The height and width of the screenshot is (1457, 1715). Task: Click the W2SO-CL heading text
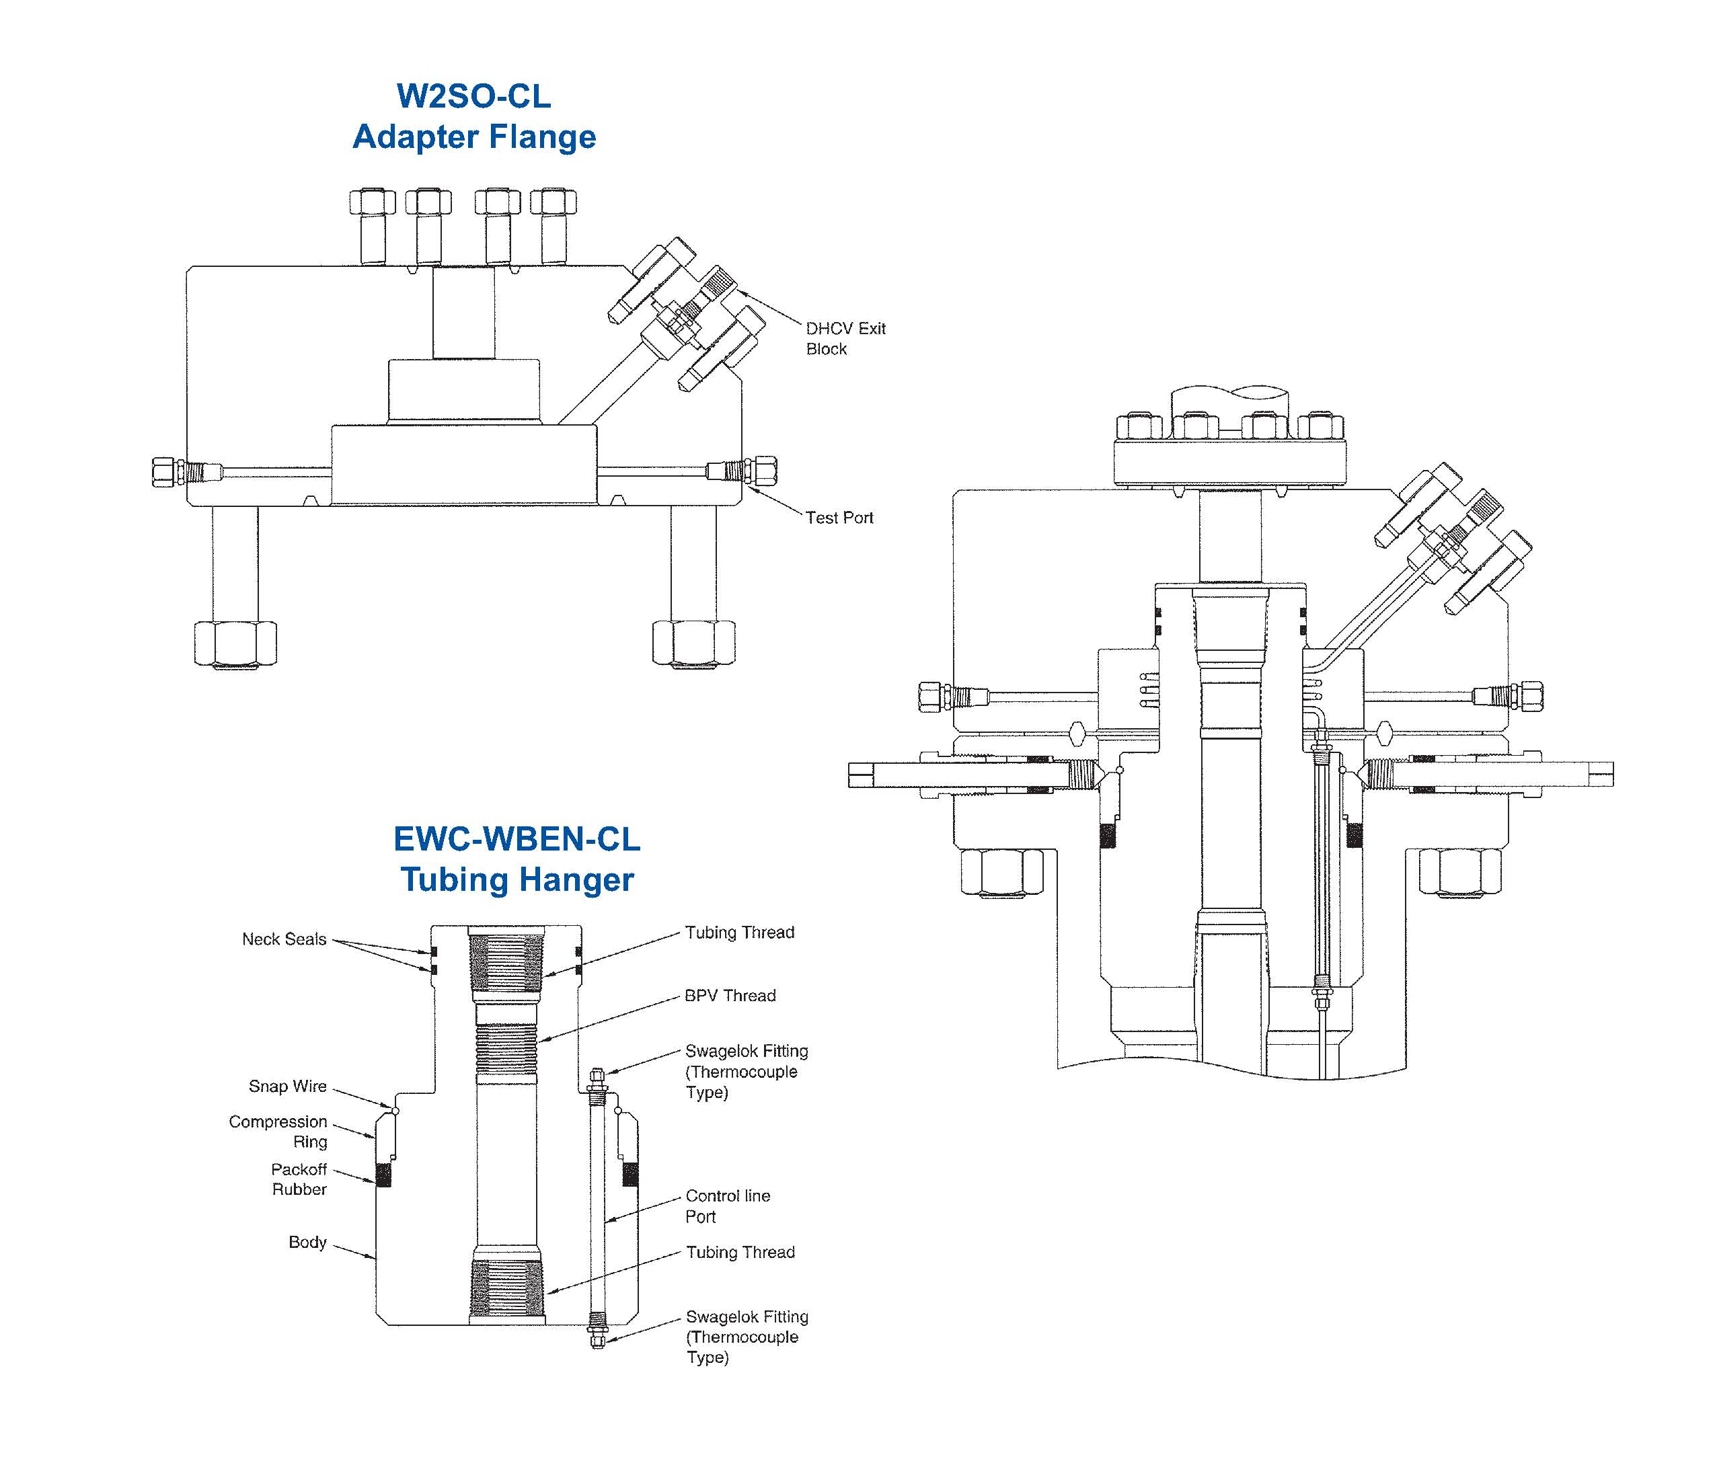tap(473, 97)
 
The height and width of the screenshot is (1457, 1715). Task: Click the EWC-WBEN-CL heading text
tap(517, 839)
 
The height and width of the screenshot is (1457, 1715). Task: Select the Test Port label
tap(839, 518)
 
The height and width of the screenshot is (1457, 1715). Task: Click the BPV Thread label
tap(730, 995)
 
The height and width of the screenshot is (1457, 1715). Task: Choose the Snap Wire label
tap(287, 1086)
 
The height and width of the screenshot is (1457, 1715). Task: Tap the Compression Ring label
tap(278, 1132)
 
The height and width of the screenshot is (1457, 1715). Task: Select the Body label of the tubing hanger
tap(307, 1243)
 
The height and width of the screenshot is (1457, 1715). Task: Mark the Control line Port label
tap(727, 1206)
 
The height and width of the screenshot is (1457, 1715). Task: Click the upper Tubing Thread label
tap(739, 933)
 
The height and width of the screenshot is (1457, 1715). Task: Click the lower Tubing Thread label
tap(740, 1252)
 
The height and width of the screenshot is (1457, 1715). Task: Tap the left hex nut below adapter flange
tap(235, 643)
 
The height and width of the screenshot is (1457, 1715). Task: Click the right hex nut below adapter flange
tap(693, 643)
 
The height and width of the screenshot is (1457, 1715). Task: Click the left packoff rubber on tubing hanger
tap(383, 1175)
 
